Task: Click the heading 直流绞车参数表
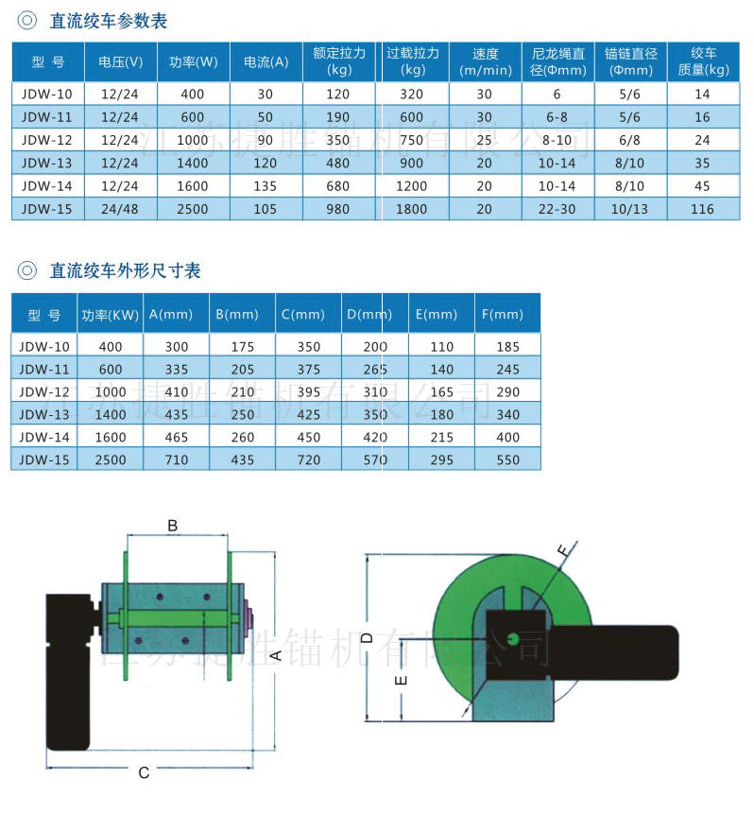click(x=108, y=21)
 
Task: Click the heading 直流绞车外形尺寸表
click(x=125, y=271)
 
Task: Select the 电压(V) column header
click(x=120, y=62)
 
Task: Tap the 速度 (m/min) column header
click(x=485, y=62)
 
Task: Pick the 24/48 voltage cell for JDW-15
click(x=120, y=209)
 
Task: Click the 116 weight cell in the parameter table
click(x=702, y=209)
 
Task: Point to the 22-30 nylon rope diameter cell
click(x=557, y=209)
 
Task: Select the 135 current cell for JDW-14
click(x=266, y=186)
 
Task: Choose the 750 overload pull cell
click(x=411, y=140)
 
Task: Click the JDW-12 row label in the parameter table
click(x=46, y=140)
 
